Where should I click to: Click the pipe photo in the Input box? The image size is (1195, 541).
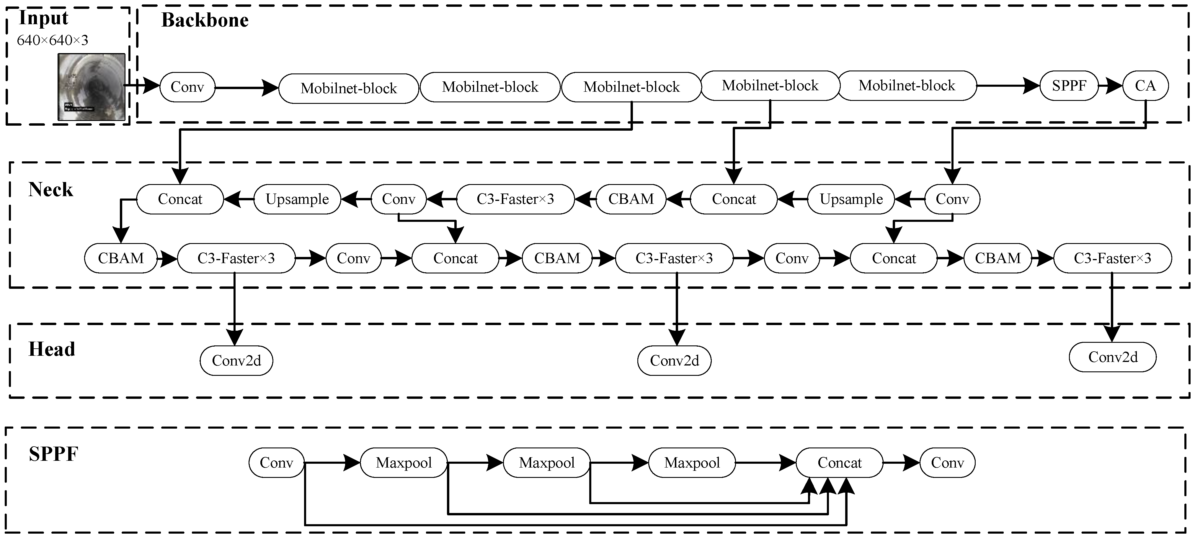92,87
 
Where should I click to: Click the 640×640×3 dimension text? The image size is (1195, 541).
53,40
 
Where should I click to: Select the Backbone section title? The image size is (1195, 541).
205,20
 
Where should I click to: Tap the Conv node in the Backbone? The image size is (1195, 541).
187,87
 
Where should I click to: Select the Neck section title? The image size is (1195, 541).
50,190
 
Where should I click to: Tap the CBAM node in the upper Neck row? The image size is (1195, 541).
631,199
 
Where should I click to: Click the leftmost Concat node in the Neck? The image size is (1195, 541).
180,199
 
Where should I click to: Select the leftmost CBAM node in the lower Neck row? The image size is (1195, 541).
121,258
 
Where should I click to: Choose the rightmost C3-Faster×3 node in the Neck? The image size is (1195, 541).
1112,258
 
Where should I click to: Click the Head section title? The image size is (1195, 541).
51,349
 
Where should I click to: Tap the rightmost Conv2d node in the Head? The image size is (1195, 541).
1112,357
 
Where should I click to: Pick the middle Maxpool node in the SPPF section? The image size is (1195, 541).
546,462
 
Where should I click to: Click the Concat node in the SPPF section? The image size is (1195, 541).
839,462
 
